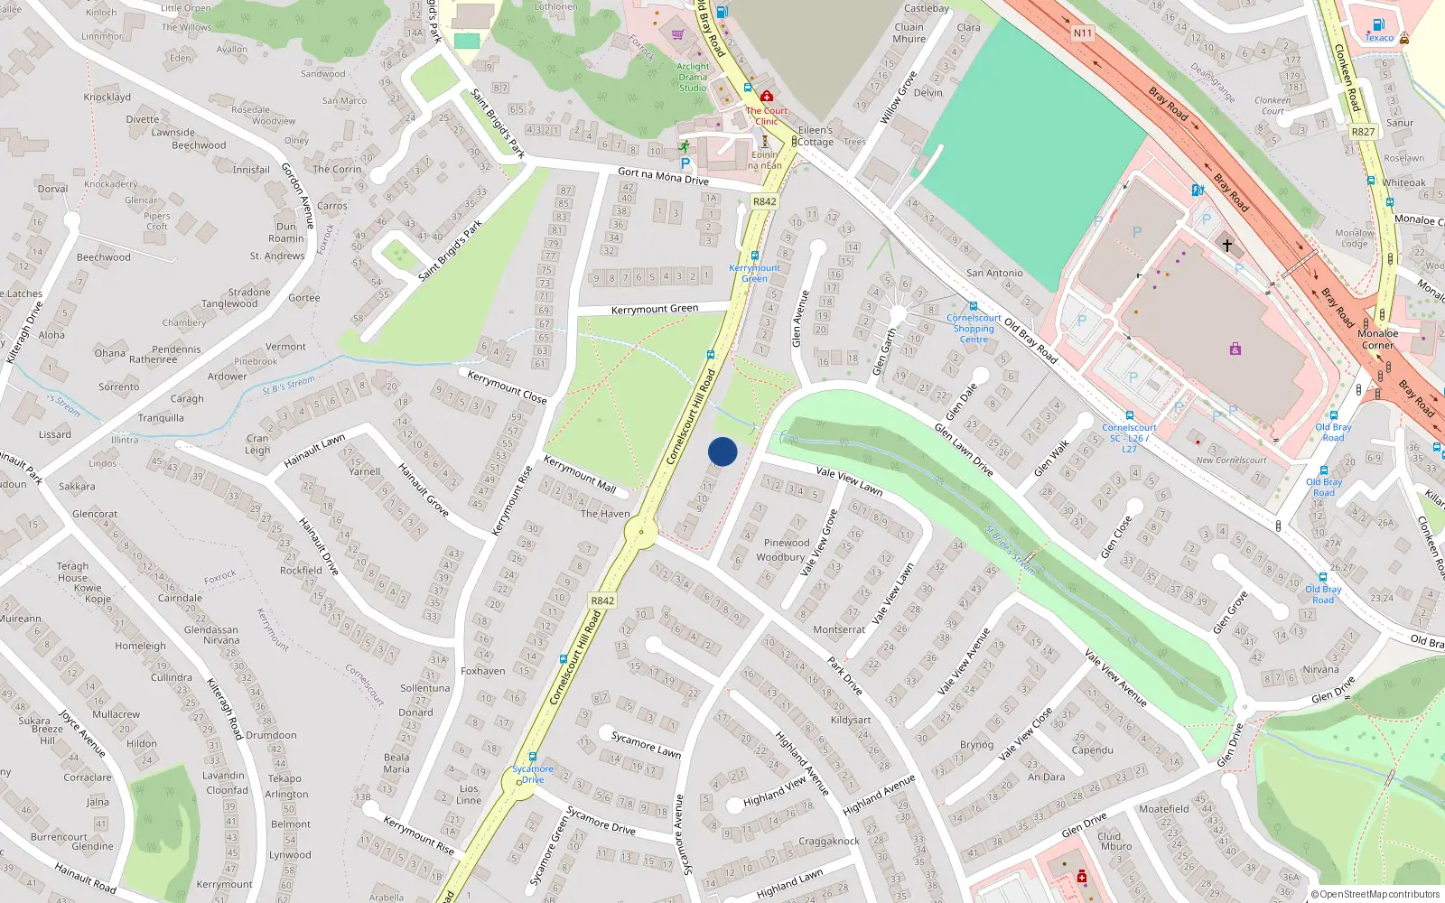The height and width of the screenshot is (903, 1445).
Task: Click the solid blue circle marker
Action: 722,451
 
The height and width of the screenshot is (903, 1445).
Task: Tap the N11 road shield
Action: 1083,33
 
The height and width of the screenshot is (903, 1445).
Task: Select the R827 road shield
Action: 1363,132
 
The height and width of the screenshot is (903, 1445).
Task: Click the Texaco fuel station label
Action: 1379,37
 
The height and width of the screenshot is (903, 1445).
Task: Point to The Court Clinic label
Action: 766,116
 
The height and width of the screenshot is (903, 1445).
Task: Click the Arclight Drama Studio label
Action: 693,77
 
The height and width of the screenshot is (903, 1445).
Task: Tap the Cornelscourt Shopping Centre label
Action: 974,329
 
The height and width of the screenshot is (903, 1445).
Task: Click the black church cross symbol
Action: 1226,246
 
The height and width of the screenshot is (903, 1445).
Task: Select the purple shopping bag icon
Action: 1235,349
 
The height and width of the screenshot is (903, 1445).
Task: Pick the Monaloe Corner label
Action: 1377,339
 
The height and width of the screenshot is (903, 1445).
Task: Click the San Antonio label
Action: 994,273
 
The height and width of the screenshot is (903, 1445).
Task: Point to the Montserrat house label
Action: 839,629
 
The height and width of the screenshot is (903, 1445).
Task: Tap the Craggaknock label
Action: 829,841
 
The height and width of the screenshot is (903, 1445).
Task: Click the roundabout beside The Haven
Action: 641,532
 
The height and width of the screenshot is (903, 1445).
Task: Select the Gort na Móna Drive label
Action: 663,176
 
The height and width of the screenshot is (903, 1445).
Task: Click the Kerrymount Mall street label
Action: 579,475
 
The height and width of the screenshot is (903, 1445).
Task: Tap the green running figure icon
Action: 684,145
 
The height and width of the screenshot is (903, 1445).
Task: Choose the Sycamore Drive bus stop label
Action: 533,774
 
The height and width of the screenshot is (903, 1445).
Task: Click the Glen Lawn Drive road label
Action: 964,451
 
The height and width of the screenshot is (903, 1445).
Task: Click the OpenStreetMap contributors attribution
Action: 1375,894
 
